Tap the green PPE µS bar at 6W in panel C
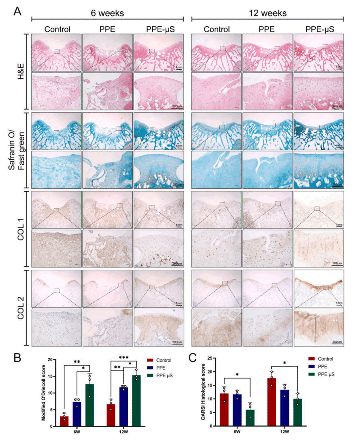pyautogui.click(x=250, y=418)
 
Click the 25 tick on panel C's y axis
pyautogui.click(x=212, y=356)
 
